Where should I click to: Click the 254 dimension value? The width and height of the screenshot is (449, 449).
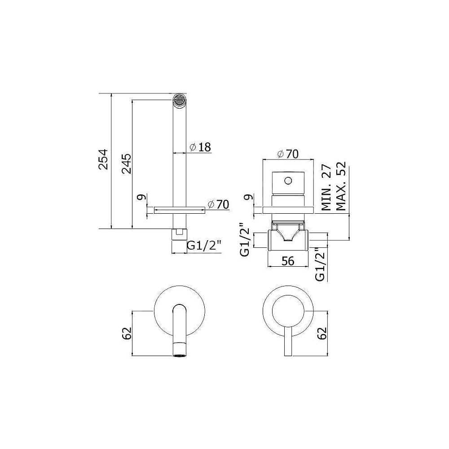tap(103, 159)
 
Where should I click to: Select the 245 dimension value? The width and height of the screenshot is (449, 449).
tap(126, 164)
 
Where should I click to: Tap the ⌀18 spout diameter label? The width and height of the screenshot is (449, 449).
tap(200, 147)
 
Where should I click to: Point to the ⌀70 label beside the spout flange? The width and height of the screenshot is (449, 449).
tap(219, 204)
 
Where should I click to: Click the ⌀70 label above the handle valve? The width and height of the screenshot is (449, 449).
tap(288, 154)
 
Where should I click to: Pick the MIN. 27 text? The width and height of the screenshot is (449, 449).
tap(326, 188)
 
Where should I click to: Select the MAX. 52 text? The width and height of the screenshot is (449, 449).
tap(341, 186)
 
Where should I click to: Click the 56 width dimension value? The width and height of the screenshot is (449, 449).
tap(288, 261)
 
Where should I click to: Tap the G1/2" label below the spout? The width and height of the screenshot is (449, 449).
tap(204, 246)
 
